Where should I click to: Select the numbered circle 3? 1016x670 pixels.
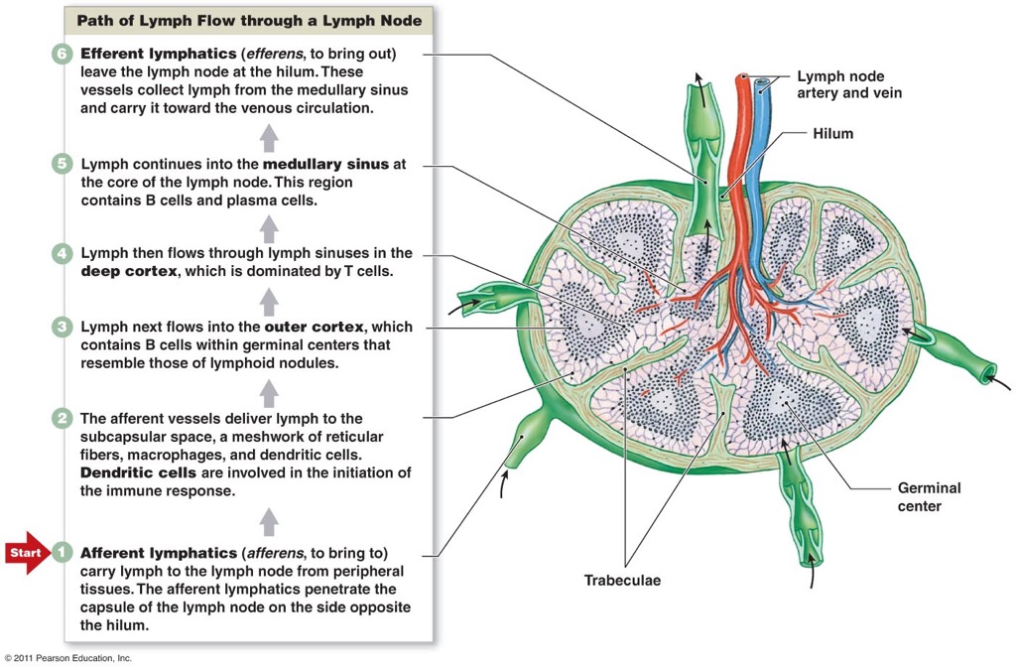pos(63,327)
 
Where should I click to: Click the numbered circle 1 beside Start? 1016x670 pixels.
pos(63,551)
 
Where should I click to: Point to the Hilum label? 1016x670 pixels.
pos(832,133)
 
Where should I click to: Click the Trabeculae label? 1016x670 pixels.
pos(622,581)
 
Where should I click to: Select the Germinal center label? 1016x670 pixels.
pos(929,496)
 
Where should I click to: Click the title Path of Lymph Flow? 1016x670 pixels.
pos(248,20)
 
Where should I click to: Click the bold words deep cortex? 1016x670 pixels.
pos(127,272)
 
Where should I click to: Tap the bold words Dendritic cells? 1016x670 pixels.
pos(138,472)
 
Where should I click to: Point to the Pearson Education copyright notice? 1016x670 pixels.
pos(67,658)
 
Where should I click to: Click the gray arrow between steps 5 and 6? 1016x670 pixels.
pos(269,137)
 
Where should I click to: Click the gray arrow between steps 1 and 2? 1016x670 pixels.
pos(269,520)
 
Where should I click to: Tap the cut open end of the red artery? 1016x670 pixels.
pos(742,76)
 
